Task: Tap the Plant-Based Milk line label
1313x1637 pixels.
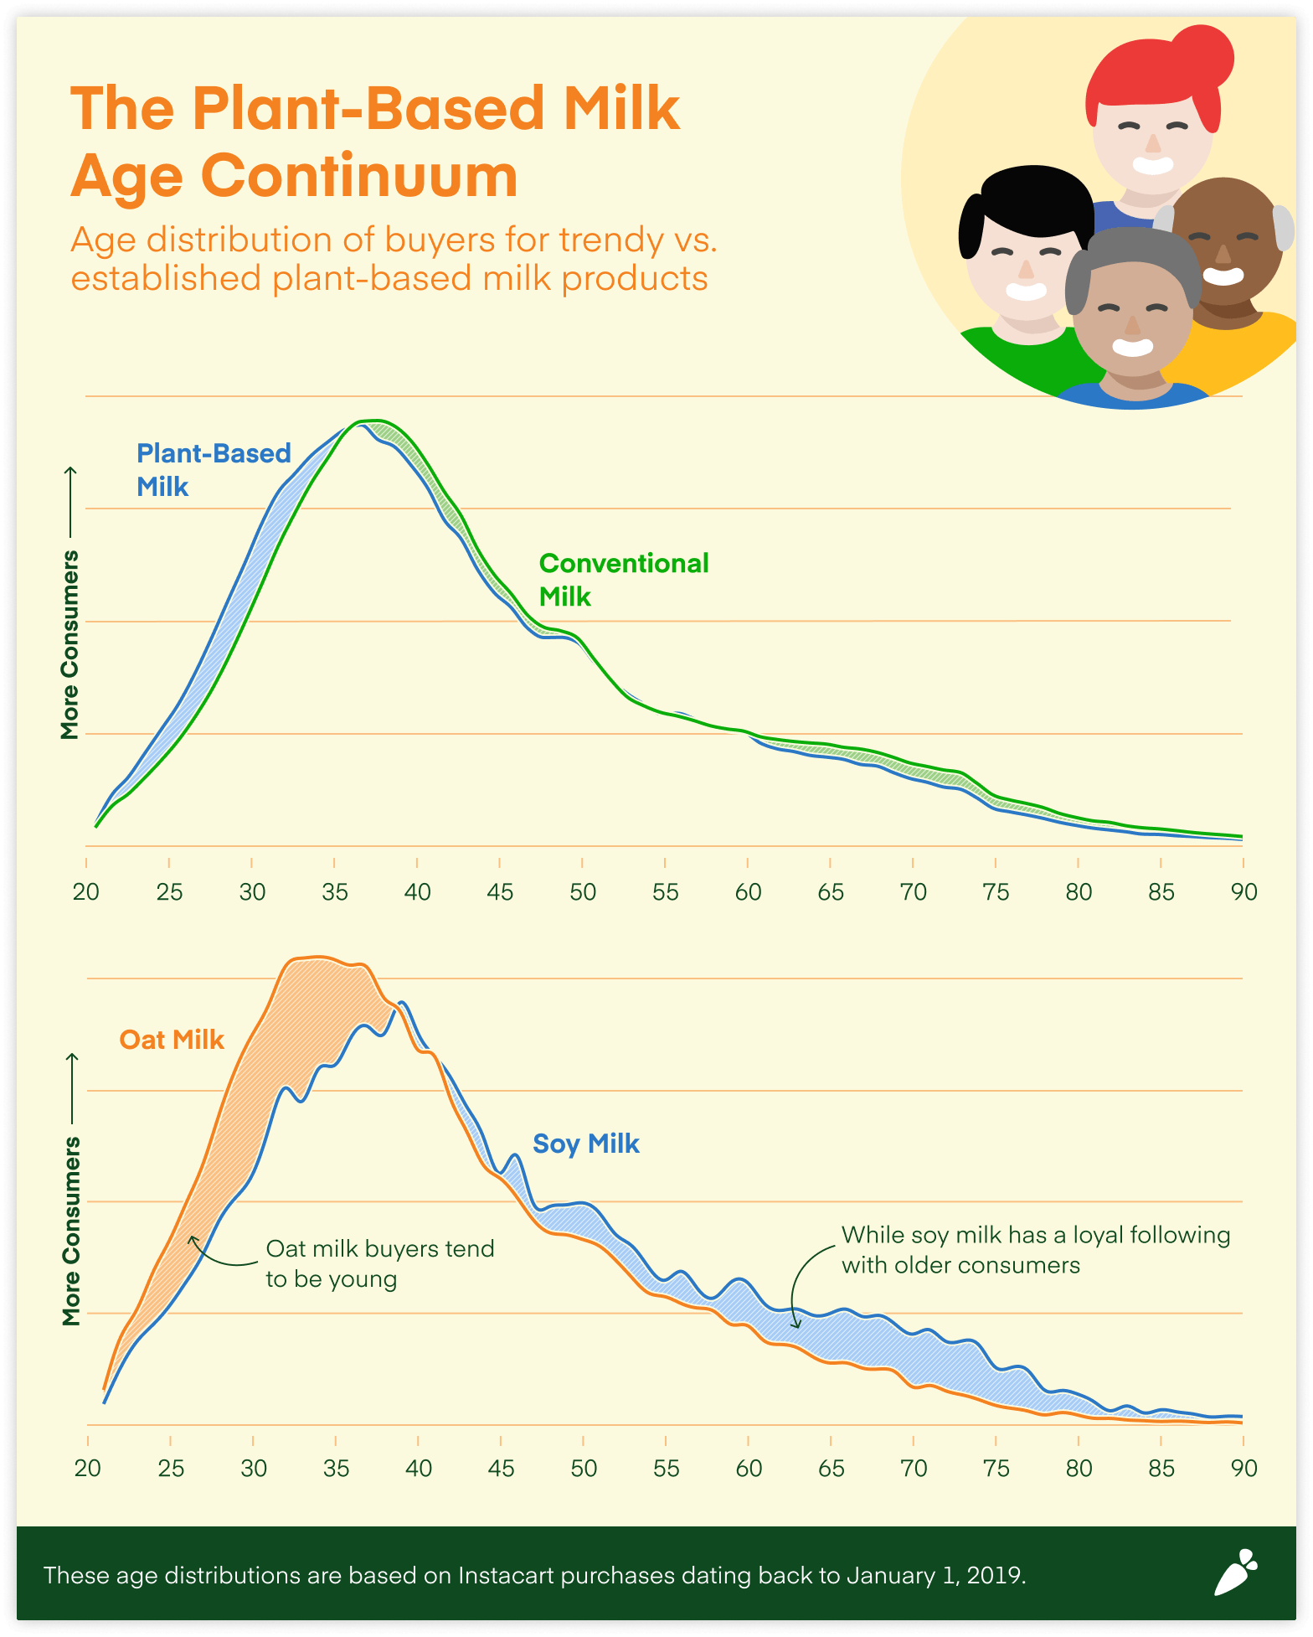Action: (213, 469)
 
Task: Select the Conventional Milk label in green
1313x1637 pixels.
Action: (623, 579)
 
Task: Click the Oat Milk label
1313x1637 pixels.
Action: (172, 1040)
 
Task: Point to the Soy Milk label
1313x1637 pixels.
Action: (585, 1144)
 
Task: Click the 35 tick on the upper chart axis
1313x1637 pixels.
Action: (335, 891)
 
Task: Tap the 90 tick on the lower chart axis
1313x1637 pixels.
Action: (1243, 1468)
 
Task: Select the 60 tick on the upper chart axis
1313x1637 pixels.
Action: (748, 891)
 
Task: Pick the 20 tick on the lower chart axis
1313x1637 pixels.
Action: (88, 1468)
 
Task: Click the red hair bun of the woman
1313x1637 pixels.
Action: (1201, 55)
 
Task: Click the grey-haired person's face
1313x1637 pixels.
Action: (1133, 323)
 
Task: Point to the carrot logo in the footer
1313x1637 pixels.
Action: (1236, 1572)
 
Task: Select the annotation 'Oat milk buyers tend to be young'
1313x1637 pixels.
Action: (379, 1263)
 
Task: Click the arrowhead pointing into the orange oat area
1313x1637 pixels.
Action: (193, 1239)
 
